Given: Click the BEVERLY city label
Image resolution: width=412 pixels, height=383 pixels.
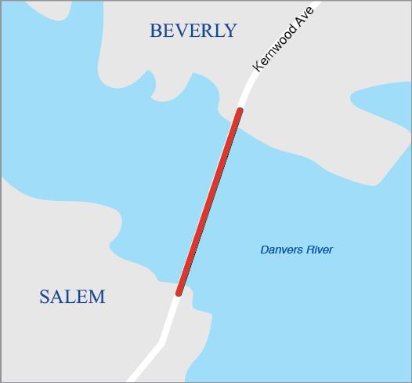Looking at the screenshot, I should [193, 31].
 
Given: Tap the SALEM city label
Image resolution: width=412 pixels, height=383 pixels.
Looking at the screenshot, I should [72, 297].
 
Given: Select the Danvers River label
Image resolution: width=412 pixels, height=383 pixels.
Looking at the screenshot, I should [296, 250].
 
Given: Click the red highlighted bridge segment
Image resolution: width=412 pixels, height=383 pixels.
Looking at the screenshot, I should [209, 201].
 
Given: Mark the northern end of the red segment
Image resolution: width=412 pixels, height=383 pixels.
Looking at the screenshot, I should [239, 111].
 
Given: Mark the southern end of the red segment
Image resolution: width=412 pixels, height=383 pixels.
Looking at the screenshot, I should [179, 293].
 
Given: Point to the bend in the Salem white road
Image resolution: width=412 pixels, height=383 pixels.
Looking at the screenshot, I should [161, 342].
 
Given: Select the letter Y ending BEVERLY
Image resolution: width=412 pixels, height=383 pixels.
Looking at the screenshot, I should [229, 31].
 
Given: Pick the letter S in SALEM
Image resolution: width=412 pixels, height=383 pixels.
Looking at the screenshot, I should [45, 297].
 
